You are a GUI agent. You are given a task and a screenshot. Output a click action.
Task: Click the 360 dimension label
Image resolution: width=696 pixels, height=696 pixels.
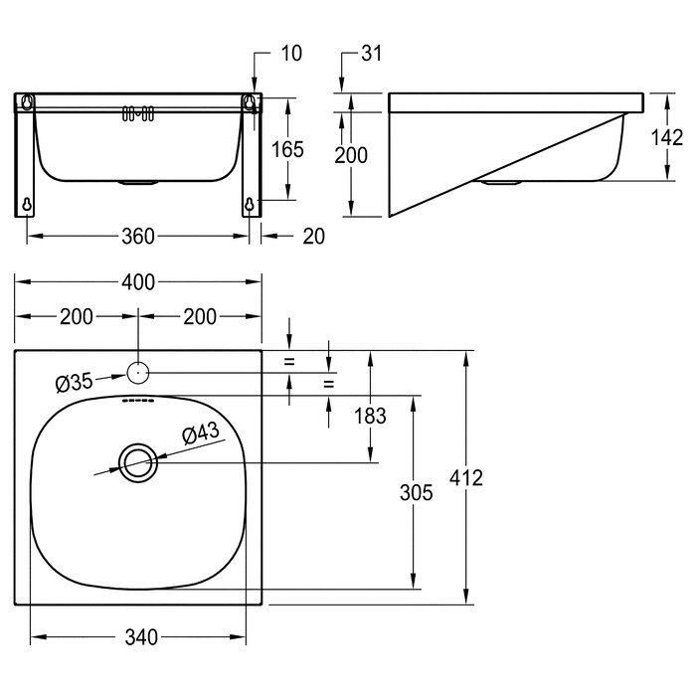[138, 237]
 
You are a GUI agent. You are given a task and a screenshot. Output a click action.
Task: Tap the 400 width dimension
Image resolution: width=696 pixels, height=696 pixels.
[138, 282]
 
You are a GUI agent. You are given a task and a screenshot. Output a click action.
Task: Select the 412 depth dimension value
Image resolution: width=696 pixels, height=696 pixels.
[466, 478]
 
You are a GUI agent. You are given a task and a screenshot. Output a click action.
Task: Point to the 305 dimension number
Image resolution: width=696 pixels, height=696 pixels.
[416, 493]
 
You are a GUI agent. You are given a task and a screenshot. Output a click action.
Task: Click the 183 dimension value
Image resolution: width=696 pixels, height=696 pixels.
[370, 417]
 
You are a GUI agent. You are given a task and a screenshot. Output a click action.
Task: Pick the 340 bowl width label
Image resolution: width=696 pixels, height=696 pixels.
[141, 637]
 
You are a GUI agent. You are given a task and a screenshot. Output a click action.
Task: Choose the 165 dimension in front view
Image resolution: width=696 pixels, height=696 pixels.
[287, 149]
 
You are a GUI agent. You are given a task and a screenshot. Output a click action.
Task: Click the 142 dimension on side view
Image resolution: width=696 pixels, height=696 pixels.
[667, 137]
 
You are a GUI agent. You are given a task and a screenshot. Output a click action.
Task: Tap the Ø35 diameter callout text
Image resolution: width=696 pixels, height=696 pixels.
[75, 383]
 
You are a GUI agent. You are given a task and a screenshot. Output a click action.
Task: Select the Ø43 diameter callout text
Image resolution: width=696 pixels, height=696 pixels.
[201, 434]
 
